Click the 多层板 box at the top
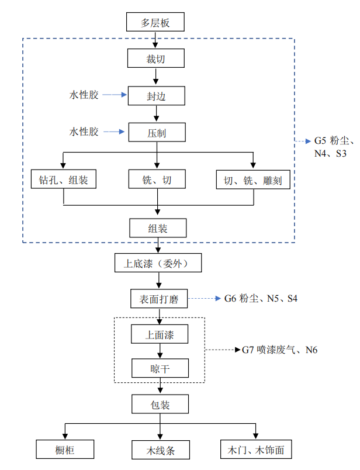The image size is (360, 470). pyautogui.click(x=155, y=23)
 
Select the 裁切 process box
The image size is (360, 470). pyautogui.click(x=156, y=58)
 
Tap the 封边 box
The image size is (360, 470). pyautogui.click(x=156, y=95)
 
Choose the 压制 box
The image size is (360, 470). pyautogui.click(x=156, y=132)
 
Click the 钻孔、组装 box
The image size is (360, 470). pyautogui.click(x=63, y=179)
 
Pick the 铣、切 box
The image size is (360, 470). pyautogui.click(x=156, y=179)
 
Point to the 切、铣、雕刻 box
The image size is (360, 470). pyautogui.click(x=253, y=179)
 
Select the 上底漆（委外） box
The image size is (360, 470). pyautogui.click(x=158, y=263)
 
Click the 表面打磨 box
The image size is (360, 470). pyautogui.click(x=159, y=299)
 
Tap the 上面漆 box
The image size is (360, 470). pyautogui.click(x=159, y=334)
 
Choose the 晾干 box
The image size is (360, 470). pyautogui.click(x=159, y=368)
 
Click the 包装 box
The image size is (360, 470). pyautogui.click(x=159, y=404)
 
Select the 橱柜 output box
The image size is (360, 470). pyautogui.click(x=64, y=450)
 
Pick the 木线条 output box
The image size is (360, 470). pyautogui.click(x=160, y=450)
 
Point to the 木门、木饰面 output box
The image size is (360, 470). pyautogui.click(x=255, y=450)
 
